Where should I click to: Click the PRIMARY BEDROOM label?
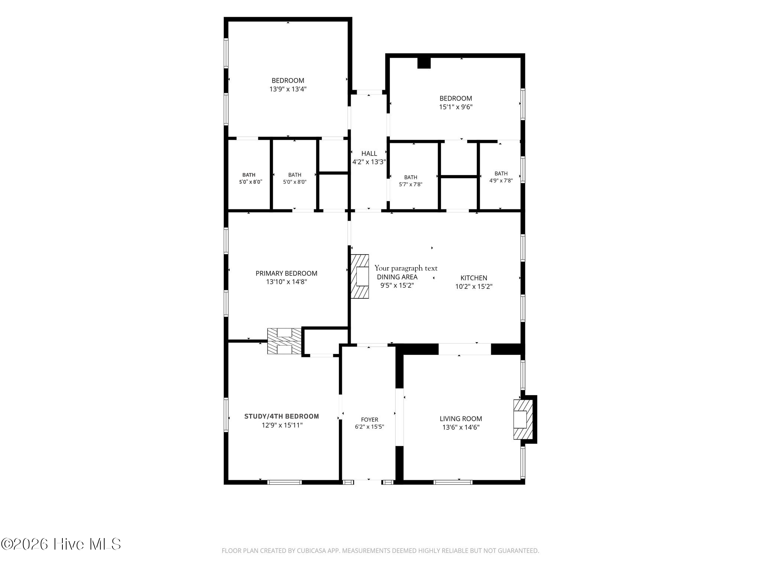click(x=286, y=273)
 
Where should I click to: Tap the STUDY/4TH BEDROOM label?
click(x=282, y=416)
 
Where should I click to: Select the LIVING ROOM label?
click(x=461, y=419)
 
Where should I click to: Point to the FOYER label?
click(x=369, y=420)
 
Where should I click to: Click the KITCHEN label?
click(x=474, y=278)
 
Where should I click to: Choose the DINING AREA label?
click(x=397, y=277)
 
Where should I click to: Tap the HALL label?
click(x=369, y=153)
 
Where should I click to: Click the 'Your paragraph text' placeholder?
click(x=406, y=268)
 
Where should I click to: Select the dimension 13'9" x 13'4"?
click(x=288, y=89)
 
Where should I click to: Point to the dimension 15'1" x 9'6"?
click(x=456, y=107)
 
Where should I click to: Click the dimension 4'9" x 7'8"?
click(x=501, y=181)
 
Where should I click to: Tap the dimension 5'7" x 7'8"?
click(x=411, y=184)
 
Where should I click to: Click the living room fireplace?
click(x=523, y=419)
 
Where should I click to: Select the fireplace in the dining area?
click(x=360, y=276)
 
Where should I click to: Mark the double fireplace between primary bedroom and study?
click(x=285, y=341)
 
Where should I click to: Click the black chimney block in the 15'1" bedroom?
click(x=424, y=63)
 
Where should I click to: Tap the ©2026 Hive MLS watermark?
click(x=61, y=544)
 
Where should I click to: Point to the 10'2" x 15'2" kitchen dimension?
click(x=474, y=286)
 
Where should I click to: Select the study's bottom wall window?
click(x=284, y=482)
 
